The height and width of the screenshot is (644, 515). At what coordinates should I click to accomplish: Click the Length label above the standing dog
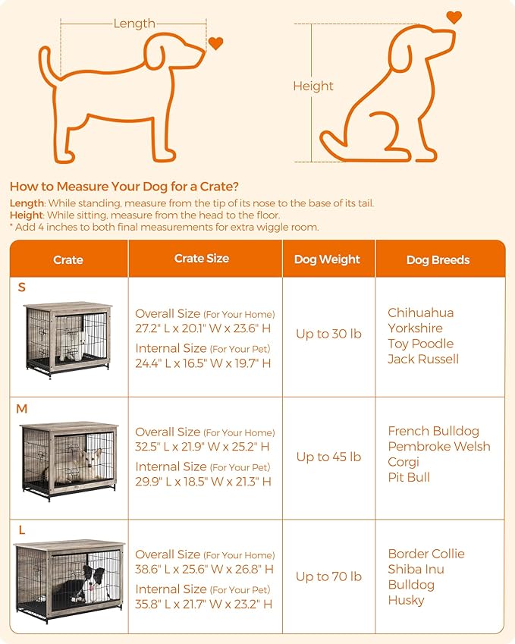(x=134, y=24)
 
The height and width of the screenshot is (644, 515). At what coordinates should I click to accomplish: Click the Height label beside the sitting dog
(x=313, y=86)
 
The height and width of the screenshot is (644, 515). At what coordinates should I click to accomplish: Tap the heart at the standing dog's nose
(x=216, y=44)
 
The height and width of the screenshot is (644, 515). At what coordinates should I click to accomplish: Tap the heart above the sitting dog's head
(x=454, y=17)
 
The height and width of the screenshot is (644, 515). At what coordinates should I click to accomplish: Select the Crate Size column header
(x=202, y=259)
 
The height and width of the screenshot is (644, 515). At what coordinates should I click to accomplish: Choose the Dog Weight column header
(x=328, y=259)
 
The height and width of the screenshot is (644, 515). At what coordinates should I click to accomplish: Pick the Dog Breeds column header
(x=438, y=259)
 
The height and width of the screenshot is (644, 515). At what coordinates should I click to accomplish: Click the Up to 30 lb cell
(x=328, y=335)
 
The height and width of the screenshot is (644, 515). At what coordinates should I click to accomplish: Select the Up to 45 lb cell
(x=328, y=457)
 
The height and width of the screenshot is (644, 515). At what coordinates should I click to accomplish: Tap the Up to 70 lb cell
(x=328, y=576)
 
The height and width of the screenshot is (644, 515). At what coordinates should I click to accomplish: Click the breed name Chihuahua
(x=420, y=313)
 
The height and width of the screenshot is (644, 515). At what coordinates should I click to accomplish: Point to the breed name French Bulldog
(x=433, y=431)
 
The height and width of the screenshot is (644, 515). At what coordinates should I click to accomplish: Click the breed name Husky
(x=406, y=600)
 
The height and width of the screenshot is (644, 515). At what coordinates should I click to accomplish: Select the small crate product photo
(x=68, y=337)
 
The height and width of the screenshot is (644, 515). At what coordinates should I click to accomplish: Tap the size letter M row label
(x=22, y=409)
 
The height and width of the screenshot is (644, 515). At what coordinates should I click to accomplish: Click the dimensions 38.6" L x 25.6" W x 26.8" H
(x=204, y=569)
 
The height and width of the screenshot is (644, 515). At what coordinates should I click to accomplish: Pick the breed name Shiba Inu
(x=416, y=569)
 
